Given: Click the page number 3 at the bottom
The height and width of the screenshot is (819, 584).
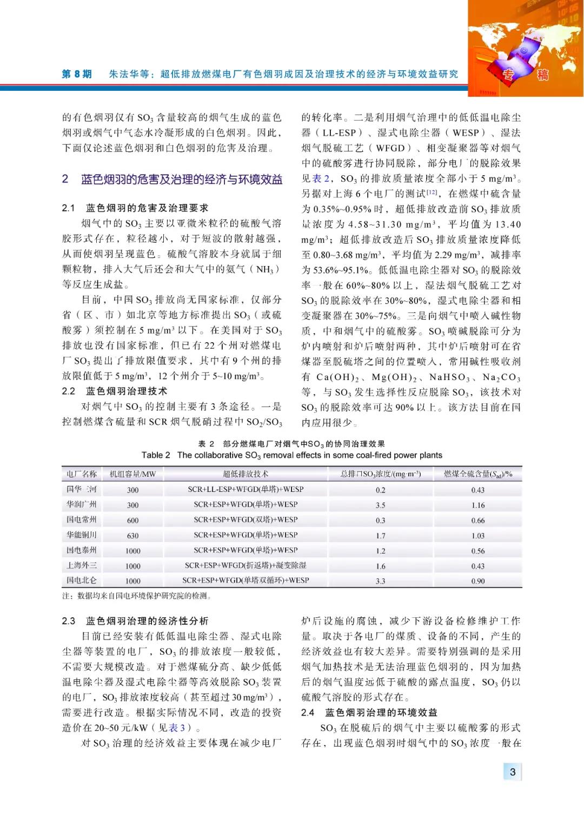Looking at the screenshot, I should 512,771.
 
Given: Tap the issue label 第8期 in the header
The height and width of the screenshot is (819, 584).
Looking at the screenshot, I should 77,74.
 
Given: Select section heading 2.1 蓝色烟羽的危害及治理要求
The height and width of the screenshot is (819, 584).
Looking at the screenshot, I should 135,208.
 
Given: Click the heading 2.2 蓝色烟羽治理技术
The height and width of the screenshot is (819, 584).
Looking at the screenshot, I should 114,391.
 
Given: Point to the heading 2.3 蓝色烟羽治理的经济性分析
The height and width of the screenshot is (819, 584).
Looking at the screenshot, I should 135,621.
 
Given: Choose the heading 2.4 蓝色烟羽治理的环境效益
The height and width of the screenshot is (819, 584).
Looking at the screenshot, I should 369,713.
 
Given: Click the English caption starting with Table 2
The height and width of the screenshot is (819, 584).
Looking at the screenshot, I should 292,455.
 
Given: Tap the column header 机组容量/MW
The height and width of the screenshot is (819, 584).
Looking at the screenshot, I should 132,474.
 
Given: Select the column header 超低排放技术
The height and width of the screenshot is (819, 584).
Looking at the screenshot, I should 245,474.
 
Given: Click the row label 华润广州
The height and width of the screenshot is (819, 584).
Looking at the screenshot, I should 81,504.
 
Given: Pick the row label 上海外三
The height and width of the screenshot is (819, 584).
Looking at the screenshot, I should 81,565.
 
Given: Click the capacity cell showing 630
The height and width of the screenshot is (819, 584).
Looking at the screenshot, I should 132,535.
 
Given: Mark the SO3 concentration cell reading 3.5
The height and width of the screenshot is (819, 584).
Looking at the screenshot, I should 380,505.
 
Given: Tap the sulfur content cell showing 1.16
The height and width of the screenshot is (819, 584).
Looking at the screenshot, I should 477,505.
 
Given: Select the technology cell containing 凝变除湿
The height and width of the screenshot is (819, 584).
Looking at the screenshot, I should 245,565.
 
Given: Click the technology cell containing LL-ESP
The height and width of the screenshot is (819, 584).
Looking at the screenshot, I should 245,489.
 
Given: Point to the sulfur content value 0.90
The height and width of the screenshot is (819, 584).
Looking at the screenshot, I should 477,581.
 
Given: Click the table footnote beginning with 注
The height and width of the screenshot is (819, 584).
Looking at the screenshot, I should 137,596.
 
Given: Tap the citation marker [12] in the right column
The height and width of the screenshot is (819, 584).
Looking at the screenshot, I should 432,192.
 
